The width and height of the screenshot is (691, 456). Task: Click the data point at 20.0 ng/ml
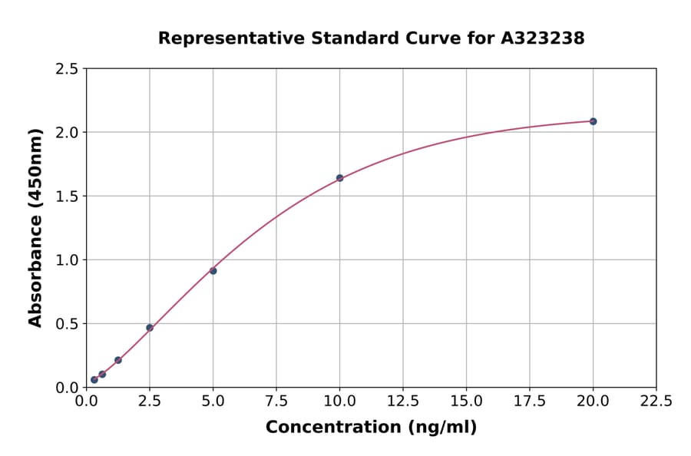[x=593, y=121]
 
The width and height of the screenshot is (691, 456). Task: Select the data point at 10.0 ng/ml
[x=339, y=178]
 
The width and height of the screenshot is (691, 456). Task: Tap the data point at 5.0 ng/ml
[x=213, y=270]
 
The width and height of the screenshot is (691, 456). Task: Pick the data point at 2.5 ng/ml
[x=150, y=328]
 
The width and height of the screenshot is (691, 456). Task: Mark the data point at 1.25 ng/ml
[x=118, y=360]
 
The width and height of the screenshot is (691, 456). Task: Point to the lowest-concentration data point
[x=94, y=379]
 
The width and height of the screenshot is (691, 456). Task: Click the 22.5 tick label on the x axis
[x=656, y=401]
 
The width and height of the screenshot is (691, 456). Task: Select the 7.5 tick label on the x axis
[x=276, y=401]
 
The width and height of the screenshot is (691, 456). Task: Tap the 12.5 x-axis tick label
[x=403, y=401]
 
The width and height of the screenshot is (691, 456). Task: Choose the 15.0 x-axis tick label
[x=466, y=401]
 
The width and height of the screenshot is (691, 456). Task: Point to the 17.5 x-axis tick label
[x=530, y=401]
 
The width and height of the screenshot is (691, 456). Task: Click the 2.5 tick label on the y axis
[x=68, y=69]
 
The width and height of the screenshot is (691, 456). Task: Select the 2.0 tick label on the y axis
[x=68, y=133]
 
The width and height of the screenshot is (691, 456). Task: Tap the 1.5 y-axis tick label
[x=68, y=197]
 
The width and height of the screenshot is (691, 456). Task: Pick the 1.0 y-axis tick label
[x=68, y=260]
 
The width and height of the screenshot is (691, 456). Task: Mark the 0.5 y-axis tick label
[x=68, y=324]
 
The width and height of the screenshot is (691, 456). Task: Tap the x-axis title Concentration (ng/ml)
[x=371, y=428]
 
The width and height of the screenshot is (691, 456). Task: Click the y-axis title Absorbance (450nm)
[x=35, y=228]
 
